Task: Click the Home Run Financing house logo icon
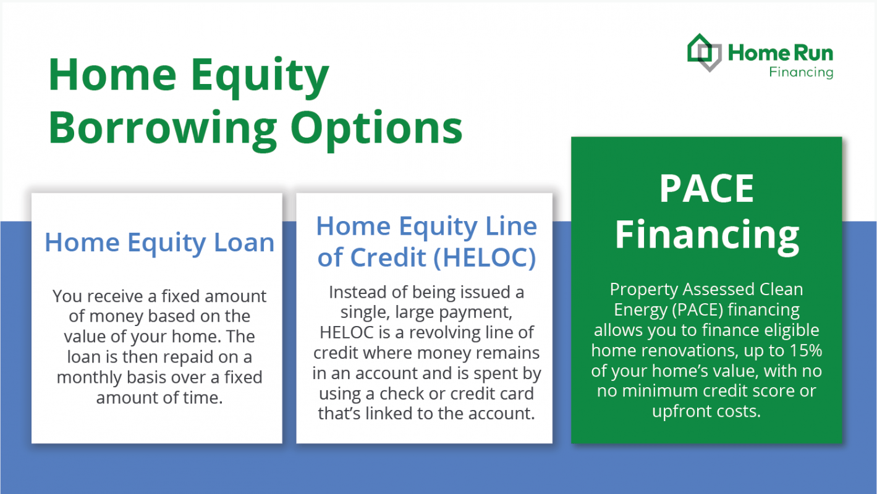pyautogui.click(x=705, y=52)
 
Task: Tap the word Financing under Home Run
pyautogui.click(x=801, y=72)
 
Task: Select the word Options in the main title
pyautogui.click(x=376, y=127)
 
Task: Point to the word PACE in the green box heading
pyautogui.click(x=706, y=188)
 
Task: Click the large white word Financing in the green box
pyautogui.click(x=706, y=235)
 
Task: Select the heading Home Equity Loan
pyautogui.click(x=159, y=242)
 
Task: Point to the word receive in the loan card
pyautogui.click(x=110, y=296)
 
